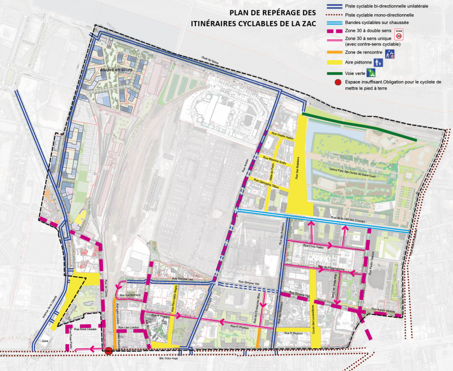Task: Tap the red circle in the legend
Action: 337,83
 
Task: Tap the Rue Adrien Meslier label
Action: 385,310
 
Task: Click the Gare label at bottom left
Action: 45,342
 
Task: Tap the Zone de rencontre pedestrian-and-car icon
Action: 389,54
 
